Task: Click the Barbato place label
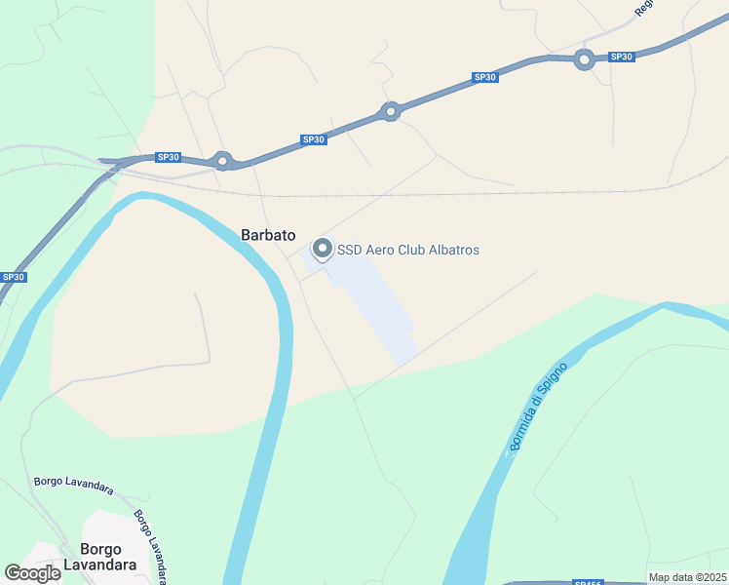[x=268, y=234]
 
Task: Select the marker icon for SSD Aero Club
[x=322, y=250]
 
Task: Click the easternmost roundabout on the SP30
[x=584, y=59]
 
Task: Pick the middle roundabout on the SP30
[x=391, y=111]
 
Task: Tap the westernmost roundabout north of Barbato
[x=223, y=160]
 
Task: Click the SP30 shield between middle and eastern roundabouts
[x=484, y=77]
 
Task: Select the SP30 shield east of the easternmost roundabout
[x=621, y=57]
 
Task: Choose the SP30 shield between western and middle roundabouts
[x=313, y=139]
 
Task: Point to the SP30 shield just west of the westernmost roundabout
[x=169, y=157]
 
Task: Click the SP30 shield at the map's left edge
[x=13, y=277]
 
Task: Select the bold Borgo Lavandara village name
[x=100, y=555]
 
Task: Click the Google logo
[x=33, y=573]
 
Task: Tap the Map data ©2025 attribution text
[x=687, y=577]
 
